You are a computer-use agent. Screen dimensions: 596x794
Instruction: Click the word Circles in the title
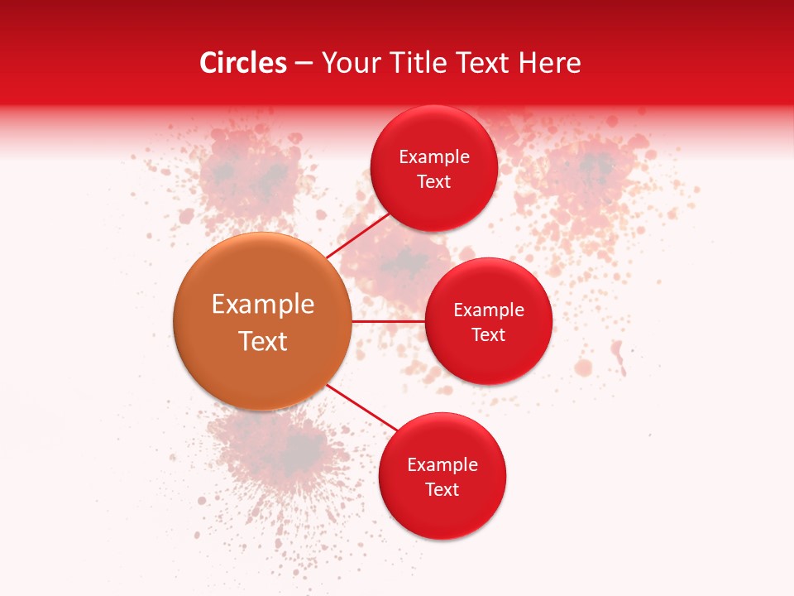point(243,63)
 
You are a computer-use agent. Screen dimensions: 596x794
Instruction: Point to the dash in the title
point(304,64)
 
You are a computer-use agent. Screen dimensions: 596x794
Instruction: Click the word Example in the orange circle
point(263,305)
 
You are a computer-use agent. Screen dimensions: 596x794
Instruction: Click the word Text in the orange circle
point(263,341)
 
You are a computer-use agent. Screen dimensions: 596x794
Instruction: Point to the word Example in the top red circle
point(434,157)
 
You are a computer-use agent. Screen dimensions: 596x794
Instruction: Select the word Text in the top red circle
point(434,182)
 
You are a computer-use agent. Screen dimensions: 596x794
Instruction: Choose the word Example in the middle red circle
point(489,310)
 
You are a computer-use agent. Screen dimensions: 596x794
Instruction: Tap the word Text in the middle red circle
point(489,335)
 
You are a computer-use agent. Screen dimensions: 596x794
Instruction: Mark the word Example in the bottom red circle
point(442,465)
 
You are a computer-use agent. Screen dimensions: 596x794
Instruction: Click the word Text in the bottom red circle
point(442,490)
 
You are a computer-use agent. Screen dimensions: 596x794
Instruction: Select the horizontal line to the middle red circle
point(389,321)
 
